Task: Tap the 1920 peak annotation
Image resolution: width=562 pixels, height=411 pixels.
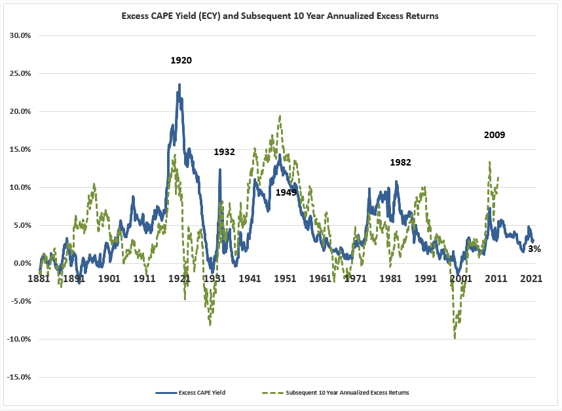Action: [x=181, y=60]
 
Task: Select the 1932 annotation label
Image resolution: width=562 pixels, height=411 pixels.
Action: [x=224, y=152]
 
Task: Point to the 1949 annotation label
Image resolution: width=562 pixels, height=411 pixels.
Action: [x=286, y=192]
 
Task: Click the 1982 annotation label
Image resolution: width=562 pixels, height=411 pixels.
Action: [x=400, y=162]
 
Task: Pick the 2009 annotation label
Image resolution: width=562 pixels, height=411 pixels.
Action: [x=495, y=135]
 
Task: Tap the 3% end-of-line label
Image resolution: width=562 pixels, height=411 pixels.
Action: [x=534, y=249]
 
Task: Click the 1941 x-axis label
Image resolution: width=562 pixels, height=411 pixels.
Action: [x=250, y=277]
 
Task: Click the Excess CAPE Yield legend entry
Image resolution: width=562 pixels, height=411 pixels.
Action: [x=194, y=393]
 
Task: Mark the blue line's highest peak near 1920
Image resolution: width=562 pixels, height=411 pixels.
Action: [x=179, y=84]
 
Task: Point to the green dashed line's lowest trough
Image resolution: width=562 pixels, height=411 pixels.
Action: [x=455, y=337]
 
